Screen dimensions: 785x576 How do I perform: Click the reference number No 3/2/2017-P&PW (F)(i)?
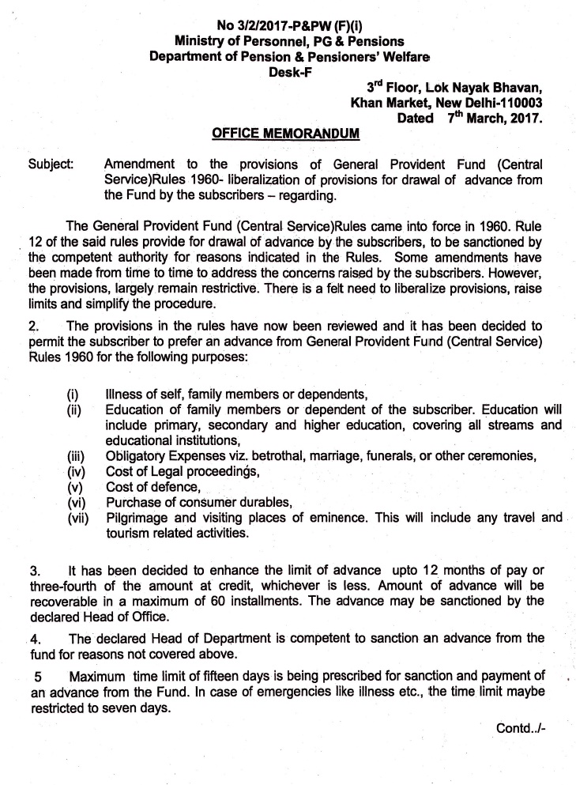coord(287,10)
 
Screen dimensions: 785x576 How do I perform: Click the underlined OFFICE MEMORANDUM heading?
coord(287,135)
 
